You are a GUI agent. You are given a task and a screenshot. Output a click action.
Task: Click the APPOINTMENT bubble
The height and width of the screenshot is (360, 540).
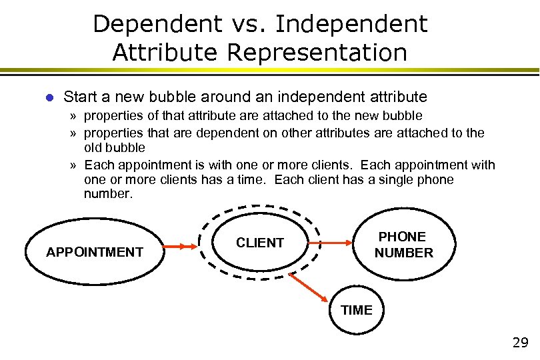point(94,251)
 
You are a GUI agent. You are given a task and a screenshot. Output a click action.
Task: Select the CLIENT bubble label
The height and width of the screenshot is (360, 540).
point(260,243)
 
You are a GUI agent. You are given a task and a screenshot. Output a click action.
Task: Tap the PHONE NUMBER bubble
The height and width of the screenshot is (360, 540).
point(403,245)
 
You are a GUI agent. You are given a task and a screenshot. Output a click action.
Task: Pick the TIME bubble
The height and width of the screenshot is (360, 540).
point(357,309)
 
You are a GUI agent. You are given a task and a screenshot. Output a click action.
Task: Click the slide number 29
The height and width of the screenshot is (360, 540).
point(520,343)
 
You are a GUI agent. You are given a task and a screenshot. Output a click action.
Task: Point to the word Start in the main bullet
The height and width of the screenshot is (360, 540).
point(81,97)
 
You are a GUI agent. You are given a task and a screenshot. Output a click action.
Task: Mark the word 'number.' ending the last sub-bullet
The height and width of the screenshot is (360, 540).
point(109,195)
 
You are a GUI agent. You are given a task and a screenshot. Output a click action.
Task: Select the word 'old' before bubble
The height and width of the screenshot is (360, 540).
point(95,147)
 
